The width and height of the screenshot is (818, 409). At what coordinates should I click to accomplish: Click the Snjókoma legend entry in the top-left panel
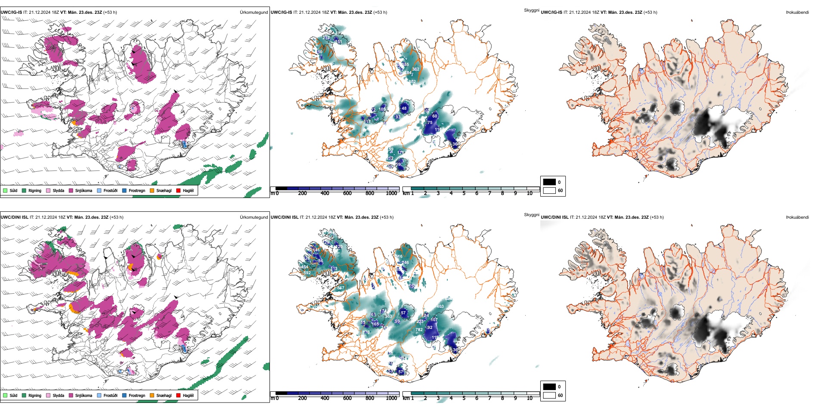coord(84,190)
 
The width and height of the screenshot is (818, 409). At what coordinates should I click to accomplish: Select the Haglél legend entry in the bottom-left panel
coord(188,395)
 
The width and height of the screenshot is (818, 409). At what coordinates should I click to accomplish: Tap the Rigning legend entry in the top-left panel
coord(34,190)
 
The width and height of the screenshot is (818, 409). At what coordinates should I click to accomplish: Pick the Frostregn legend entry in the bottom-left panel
coord(136,395)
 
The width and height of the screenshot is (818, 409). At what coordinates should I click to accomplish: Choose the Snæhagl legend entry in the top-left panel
coord(164,190)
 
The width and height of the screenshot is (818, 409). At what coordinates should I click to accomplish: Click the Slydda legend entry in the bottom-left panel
coord(58,395)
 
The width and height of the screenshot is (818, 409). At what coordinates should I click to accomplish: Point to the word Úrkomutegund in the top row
coord(254,12)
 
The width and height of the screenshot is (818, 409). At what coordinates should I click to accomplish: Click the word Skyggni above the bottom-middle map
coord(531,214)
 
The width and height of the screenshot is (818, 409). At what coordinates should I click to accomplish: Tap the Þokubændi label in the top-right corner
coord(797,12)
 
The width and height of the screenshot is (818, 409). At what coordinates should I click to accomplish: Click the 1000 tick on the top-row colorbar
coord(391,193)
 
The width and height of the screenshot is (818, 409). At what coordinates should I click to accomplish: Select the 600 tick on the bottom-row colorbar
coord(347,398)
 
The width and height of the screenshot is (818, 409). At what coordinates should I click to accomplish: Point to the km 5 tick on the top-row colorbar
coord(464,193)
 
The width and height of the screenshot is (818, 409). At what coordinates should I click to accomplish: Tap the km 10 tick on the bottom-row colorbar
coord(530,398)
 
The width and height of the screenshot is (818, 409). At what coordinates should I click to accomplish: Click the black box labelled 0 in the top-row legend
coord(549,182)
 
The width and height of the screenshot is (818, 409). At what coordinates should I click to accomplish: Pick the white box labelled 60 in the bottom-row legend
coord(549,395)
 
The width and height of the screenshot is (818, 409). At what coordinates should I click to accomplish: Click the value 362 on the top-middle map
coord(415,69)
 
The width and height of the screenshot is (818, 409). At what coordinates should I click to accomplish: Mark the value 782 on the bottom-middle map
coord(419,330)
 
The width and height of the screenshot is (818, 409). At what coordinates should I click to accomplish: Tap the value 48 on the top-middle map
coord(404,108)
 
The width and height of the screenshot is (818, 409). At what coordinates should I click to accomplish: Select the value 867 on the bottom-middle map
coord(341,288)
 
